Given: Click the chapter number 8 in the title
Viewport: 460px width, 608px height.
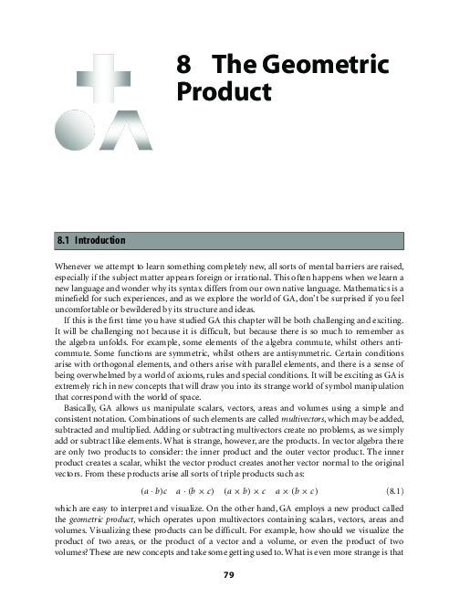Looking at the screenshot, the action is coord(183,67).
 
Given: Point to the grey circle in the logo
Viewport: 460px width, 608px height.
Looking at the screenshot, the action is coord(73,127).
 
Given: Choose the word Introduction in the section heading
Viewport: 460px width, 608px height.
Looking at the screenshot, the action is coord(99,240).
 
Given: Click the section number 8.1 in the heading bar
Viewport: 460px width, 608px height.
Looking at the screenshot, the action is coord(66,240).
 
